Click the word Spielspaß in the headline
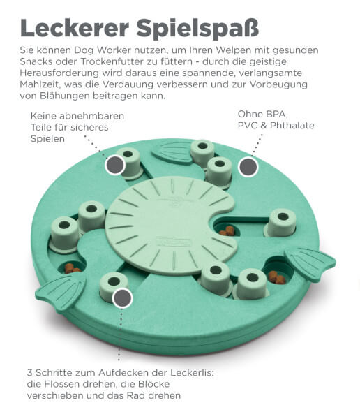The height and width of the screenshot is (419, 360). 197,29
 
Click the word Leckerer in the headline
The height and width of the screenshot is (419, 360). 75,27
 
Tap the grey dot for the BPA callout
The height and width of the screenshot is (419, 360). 248,167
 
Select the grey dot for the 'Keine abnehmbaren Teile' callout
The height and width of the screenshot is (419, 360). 115,165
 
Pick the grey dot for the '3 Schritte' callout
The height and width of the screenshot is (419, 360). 122,298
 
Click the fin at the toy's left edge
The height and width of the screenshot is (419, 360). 61,292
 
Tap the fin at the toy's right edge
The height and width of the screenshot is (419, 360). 310,261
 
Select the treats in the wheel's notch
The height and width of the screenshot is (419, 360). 227,231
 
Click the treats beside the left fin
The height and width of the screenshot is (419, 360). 72,268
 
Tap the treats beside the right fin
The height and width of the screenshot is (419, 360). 277,277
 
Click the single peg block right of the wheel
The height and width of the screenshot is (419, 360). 280,223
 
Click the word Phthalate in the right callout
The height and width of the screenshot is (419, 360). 292,125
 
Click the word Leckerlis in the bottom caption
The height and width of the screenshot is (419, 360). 192,372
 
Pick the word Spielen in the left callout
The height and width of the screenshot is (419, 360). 47,139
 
